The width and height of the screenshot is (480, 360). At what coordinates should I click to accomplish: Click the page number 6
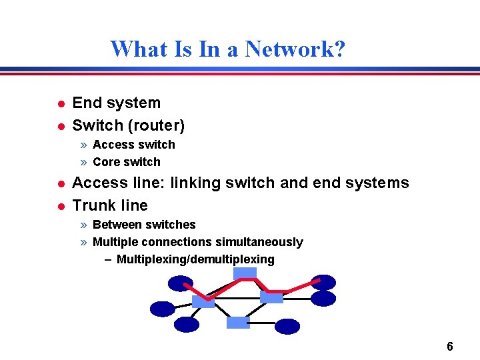[450, 346]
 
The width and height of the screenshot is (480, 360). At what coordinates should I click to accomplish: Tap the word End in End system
[84, 103]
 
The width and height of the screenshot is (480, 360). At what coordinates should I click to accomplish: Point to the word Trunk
[93, 205]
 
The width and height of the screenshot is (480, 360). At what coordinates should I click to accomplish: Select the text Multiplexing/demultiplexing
[195, 259]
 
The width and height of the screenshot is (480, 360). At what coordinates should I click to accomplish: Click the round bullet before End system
[59, 103]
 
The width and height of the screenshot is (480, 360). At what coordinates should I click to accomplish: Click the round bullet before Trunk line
[59, 206]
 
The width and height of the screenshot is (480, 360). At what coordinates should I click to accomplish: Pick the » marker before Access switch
[84, 145]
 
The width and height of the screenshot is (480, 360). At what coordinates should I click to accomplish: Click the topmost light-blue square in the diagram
[245, 273]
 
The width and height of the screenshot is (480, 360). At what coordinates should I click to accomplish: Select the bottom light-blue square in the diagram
[238, 323]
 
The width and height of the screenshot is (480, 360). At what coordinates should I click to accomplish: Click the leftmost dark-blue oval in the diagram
[163, 309]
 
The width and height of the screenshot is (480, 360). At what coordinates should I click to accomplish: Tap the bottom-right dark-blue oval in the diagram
[287, 326]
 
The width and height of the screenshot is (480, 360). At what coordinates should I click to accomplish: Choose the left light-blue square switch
[203, 301]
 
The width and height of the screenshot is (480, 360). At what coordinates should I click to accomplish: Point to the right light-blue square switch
[271, 296]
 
